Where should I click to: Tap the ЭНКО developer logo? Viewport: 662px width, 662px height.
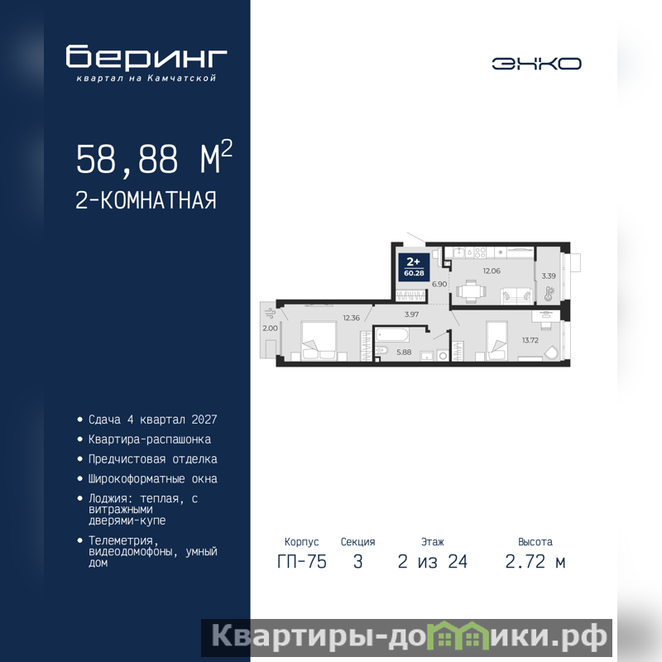pyautogui.click(x=536, y=64)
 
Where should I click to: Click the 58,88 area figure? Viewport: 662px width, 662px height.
pyautogui.click(x=127, y=159)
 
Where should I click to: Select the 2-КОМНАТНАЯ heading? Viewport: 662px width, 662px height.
pyautogui.click(x=146, y=200)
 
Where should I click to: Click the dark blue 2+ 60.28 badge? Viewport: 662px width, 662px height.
pyautogui.click(x=414, y=267)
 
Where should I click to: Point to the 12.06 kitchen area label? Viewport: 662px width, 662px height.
pyautogui.click(x=492, y=271)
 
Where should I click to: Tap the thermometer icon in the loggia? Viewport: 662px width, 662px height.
pyautogui.click(x=549, y=294)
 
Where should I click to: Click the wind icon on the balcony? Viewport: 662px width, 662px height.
pyautogui.click(x=270, y=314)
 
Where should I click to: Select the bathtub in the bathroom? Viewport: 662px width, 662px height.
pyautogui.click(x=392, y=335)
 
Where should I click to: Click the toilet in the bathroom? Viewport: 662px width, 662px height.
pyautogui.click(x=381, y=350)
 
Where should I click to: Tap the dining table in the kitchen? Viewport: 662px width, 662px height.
pyautogui.click(x=471, y=291)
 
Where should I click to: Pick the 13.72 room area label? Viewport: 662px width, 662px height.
pyautogui.click(x=530, y=340)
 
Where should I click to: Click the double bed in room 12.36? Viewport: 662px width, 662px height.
pyautogui.click(x=319, y=341)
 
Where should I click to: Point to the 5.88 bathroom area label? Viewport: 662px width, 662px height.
pyautogui.click(x=404, y=353)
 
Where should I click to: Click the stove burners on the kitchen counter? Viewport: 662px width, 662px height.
pyautogui.click(x=480, y=252)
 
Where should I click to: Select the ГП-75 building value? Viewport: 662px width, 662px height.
pyautogui.click(x=302, y=562)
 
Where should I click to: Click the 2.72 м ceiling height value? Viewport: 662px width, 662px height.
pyautogui.click(x=535, y=562)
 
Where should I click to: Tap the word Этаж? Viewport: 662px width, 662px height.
pyautogui.click(x=432, y=542)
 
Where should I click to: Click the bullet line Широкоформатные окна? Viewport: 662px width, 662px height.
pyautogui.click(x=153, y=479)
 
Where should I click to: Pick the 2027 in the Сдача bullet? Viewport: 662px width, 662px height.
pyautogui.click(x=204, y=420)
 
